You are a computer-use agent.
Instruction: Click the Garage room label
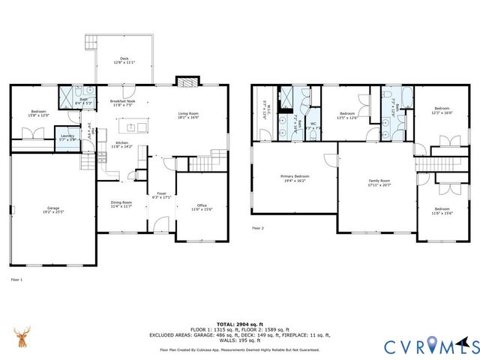pos(53,210)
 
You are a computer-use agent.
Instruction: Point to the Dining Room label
pos(121,204)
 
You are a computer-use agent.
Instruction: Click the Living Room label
pos(187,115)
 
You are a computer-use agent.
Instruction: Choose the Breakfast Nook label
pos(122,103)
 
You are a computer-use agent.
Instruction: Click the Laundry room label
pos(67,138)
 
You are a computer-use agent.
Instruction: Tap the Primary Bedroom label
pos(295,178)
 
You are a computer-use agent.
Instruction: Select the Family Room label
pos(379,182)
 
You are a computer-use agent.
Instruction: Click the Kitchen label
pos(121,145)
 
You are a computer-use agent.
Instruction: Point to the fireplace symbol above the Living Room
pos(185,82)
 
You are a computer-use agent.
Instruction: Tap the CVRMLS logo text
pos(431,346)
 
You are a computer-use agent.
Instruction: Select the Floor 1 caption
pos(16,280)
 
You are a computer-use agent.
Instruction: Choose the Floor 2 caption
pos(258,228)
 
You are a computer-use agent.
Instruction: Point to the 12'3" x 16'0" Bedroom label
pos(442,111)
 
